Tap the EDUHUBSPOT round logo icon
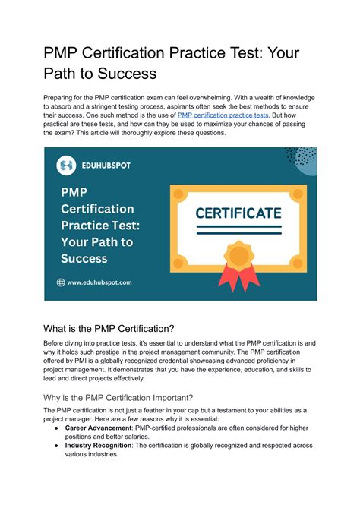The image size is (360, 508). pyautogui.click(x=67, y=165)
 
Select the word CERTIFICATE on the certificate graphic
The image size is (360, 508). pyautogui.click(x=238, y=213)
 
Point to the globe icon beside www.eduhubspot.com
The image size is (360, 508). pyautogui.click(x=62, y=282)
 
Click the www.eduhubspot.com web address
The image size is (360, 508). pyautogui.click(x=99, y=282)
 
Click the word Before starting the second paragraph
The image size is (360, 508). pyautogui.click(x=57, y=343)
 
